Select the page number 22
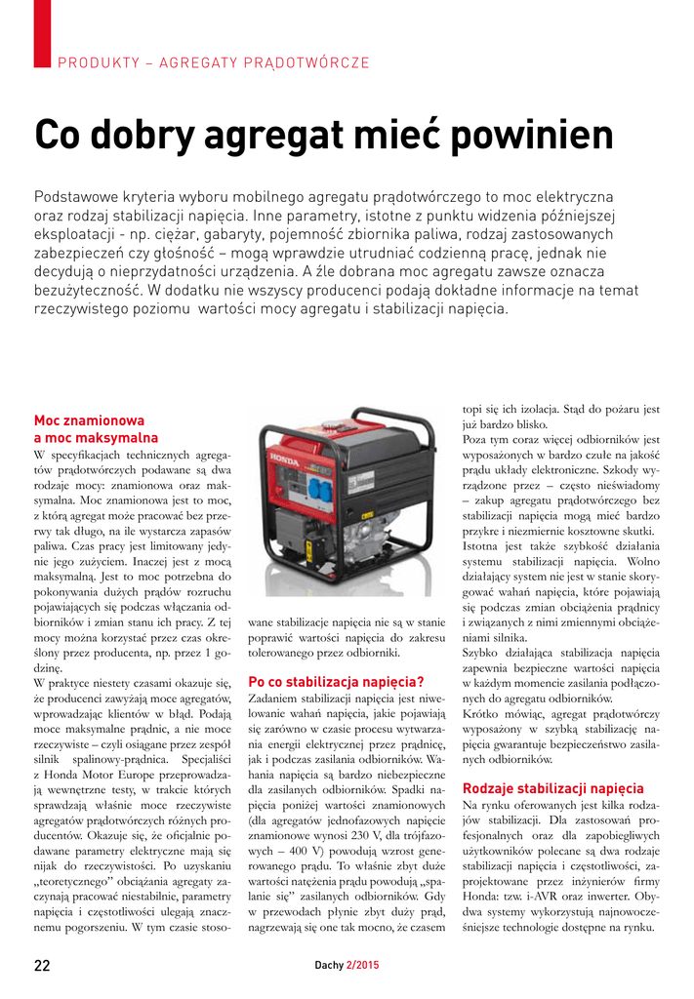click(42, 966)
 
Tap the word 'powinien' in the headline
click(511, 136)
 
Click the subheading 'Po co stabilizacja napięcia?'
click(336, 681)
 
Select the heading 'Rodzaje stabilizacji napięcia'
click(552, 788)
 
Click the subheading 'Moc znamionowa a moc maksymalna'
click(96, 429)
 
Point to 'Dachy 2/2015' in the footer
click(347, 966)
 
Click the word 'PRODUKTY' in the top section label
click(96, 63)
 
